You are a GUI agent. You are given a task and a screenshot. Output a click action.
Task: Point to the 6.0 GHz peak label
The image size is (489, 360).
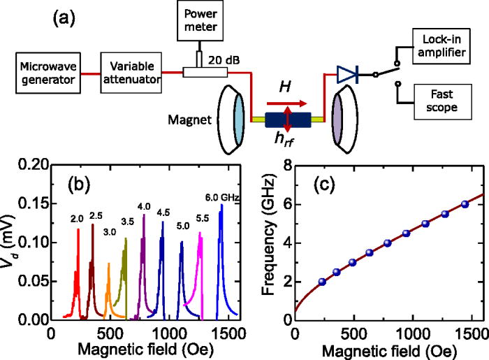[223, 198]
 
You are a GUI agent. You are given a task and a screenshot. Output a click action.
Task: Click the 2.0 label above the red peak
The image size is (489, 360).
[77, 219]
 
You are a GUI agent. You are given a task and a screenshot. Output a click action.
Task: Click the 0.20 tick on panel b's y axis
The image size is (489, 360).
[31, 165]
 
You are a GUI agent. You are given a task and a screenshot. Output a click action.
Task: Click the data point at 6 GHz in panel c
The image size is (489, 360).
[465, 204]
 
